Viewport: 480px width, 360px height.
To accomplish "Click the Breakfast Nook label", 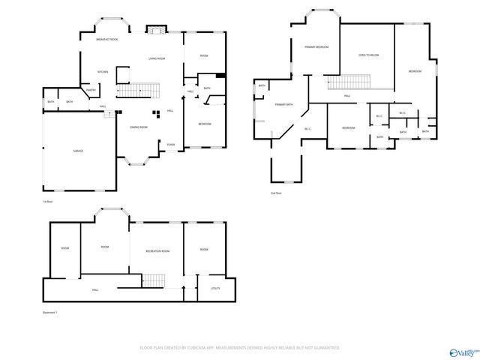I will pos(107,39).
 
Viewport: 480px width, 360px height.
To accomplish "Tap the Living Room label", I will pos(156,58).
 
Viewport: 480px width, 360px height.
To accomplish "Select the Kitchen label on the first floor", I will pos(103,72).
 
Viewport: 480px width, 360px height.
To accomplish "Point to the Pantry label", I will pos(91,90).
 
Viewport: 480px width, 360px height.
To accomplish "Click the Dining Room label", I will pos(138,127).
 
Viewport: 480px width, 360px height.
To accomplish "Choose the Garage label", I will pos(78,151).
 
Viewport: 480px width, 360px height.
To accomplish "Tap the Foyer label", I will pos(171,145).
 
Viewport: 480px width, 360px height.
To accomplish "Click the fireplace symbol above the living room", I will pos(156,30).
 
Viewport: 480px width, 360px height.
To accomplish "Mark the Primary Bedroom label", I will pos(316,47).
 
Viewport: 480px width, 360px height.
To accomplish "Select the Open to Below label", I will pos(368,55).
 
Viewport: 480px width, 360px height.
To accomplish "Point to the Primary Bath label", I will pos(283,105).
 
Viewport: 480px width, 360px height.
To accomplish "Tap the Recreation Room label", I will pos(157,251).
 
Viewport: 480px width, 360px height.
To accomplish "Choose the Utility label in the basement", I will pos(215,288).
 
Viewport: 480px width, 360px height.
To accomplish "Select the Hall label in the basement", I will pos(95,289).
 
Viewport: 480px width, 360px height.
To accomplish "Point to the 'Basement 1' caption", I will pos(50,312).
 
